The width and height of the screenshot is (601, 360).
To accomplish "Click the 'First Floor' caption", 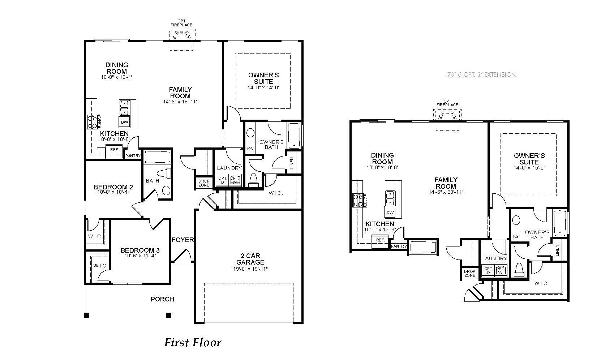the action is coord(193,343).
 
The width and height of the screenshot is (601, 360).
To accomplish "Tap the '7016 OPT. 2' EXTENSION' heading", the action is coord(482,74).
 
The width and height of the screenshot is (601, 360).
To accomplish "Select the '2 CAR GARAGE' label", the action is coord(250,259).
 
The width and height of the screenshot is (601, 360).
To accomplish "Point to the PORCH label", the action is coord(162,299).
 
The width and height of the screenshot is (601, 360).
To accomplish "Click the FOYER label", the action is coord(183,240).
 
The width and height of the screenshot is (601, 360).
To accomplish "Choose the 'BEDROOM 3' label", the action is coord(140,250).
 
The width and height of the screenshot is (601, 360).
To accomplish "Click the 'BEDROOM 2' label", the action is coord(113,187).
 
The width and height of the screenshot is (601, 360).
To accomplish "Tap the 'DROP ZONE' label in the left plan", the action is coord(204,183).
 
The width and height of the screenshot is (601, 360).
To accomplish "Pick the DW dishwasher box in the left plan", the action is coord(124,122).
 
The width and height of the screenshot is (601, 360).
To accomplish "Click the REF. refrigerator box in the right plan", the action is coord(380,240).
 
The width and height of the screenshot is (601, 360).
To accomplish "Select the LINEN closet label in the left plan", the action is coord(292,163).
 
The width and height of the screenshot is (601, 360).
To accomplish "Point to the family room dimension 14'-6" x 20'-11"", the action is coord(446,192).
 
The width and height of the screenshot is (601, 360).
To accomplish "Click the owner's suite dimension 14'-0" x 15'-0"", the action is coord(529,168).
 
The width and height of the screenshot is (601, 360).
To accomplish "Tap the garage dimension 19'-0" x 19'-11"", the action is coord(250,269).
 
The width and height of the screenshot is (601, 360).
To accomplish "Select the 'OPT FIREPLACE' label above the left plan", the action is coord(181,23).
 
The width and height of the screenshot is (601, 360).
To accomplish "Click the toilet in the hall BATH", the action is coord(164,173).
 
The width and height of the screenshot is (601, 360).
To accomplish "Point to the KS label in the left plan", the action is coord(250,149).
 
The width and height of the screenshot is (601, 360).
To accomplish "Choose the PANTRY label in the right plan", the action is coord(399,246).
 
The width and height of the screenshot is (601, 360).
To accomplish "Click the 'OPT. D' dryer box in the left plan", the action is coord(222,180).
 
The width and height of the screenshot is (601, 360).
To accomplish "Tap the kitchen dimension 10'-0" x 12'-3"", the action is coord(380,230).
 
